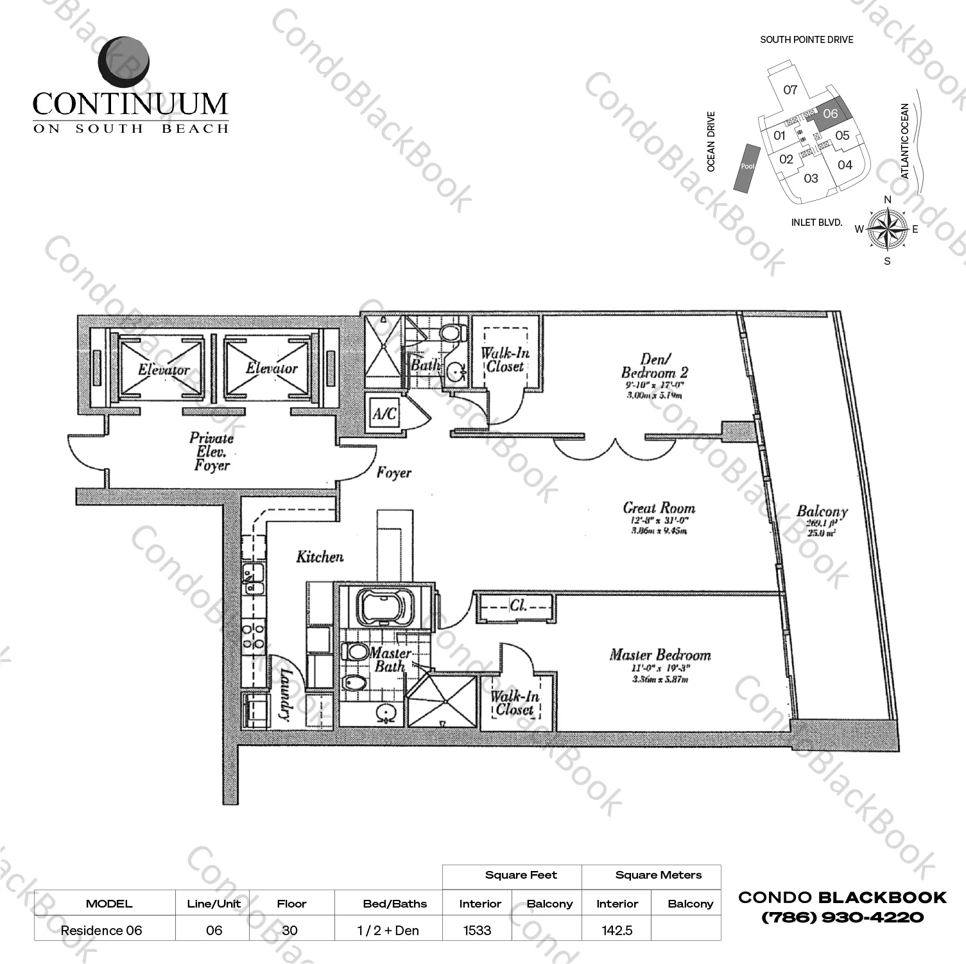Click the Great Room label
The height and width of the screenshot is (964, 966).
pyautogui.click(x=659, y=508)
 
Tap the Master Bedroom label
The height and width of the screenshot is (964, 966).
pyautogui.click(x=660, y=655)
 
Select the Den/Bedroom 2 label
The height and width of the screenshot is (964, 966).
pyautogui.click(x=654, y=366)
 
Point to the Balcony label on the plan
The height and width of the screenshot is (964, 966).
pyautogui.click(x=822, y=511)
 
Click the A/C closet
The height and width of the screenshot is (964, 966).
pyautogui.click(x=384, y=413)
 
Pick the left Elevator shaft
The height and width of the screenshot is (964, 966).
pyautogui.click(x=162, y=369)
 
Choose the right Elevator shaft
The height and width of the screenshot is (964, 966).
pyautogui.click(x=271, y=368)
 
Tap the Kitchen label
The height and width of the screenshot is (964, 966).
pyautogui.click(x=320, y=557)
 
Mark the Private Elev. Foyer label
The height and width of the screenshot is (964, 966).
pyautogui.click(x=211, y=452)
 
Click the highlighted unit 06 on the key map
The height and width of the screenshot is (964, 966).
pyautogui.click(x=830, y=114)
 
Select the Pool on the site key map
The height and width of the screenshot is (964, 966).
pyautogui.click(x=748, y=166)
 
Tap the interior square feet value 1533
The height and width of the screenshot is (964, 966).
pyautogui.click(x=477, y=930)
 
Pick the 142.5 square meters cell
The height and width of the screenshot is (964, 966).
pyautogui.click(x=617, y=930)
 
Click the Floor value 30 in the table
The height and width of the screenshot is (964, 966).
pyautogui.click(x=289, y=930)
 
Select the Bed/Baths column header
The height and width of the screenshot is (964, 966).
pyautogui.click(x=395, y=904)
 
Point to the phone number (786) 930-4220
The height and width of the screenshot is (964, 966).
pyautogui.click(x=842, y=918)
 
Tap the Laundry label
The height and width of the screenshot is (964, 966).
pyautogui.click(x=286, y=695)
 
